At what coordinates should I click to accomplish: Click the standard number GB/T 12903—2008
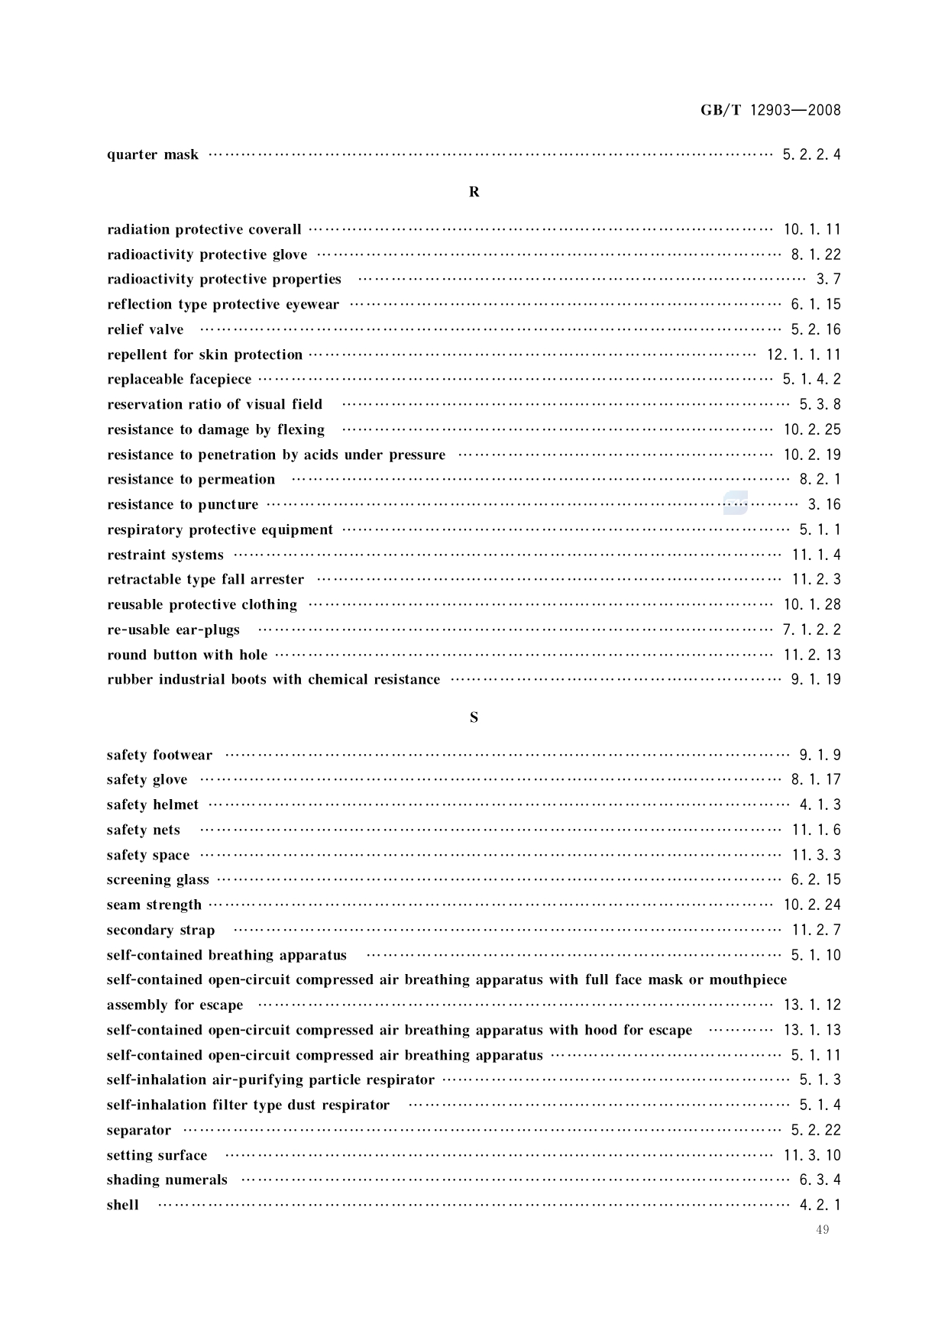pyautogui.click(x=770, y=110)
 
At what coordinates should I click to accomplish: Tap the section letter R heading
pyautogui.click(x=474, y=192)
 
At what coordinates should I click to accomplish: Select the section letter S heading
pyautogui.click(x=474, y=717)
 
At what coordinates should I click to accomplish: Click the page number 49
pyautogui.click(x=822, y=1229)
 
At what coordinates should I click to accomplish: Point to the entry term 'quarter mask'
pyautogui.click(x=153, y=155)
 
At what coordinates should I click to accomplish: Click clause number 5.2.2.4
pyautogui.click(x=811, y=155)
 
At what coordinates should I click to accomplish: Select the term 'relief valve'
pyautogui.click(x=145, y=330)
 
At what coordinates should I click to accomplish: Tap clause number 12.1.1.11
pyautogui.click(x=804, y=354)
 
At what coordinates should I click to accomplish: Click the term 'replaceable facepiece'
pyautogui.click(x=179, y=380)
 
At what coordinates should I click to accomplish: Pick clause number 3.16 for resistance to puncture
pyautogui.click(x=824, y=505)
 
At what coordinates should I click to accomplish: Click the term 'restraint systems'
pyautogui.click(x=165, y=555)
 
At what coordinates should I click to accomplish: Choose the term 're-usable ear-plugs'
pyautogui.click(x=173, y=630)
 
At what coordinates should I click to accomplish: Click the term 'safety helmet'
pyautogui.click(x=153, y=805)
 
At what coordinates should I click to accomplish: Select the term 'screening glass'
pyautogui.click(x=157, y=880)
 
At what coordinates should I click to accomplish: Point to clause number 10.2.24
pyautogui.click(x=812, y=905)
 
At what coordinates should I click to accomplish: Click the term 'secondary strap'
pyautogui.click(x=160, y=931)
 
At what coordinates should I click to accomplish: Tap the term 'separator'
pyautogui.click(x=139, y=1131)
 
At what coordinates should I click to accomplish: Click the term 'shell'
pyautogui.click(x=123, y=1206)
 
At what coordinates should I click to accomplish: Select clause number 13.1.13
pyautogui.click(x=812, y=1031)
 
